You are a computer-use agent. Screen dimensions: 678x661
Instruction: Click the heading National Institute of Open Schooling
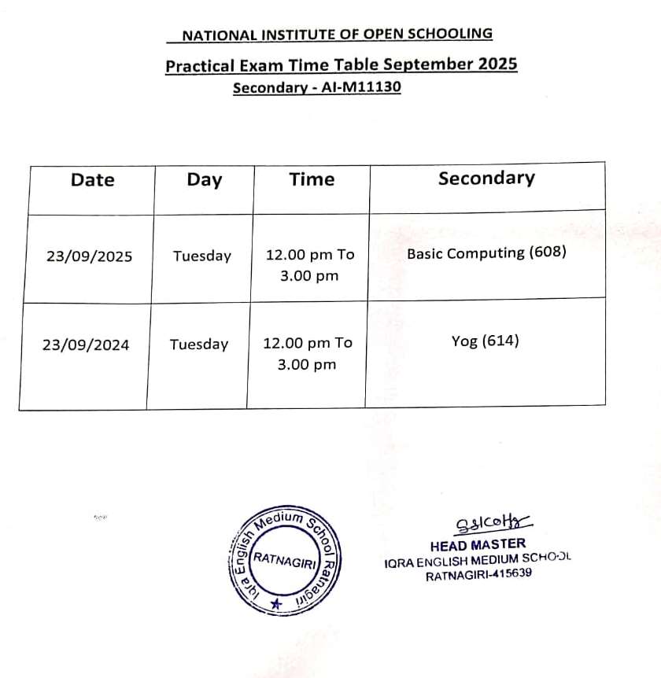(337, 35)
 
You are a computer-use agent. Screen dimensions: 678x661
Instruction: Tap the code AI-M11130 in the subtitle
(361, 87)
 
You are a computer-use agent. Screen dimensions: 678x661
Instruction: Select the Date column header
(92, 180)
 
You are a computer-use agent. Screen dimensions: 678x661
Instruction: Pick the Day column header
(204, 180)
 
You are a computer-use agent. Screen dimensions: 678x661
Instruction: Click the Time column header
(312, 180)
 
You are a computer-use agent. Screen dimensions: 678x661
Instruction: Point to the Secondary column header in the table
(486, 179)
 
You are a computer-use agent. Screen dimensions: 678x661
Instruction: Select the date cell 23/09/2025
(89, 256)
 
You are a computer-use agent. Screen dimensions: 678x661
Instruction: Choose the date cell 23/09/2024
(87, 345)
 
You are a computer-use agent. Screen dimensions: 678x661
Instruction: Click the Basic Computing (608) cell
(486, 253)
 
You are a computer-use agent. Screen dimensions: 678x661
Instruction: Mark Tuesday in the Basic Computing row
(202, 256)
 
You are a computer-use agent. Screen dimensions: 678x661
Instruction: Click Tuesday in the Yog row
(199, 345)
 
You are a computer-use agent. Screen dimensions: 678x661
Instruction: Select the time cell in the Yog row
(308, 353)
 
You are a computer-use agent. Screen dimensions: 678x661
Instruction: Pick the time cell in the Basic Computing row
(310, 265)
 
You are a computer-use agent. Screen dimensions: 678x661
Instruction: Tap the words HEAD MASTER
(478, 544)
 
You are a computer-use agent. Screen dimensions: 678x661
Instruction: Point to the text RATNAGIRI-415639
(478, 575)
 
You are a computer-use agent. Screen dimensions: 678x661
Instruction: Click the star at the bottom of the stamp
(275, 604)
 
